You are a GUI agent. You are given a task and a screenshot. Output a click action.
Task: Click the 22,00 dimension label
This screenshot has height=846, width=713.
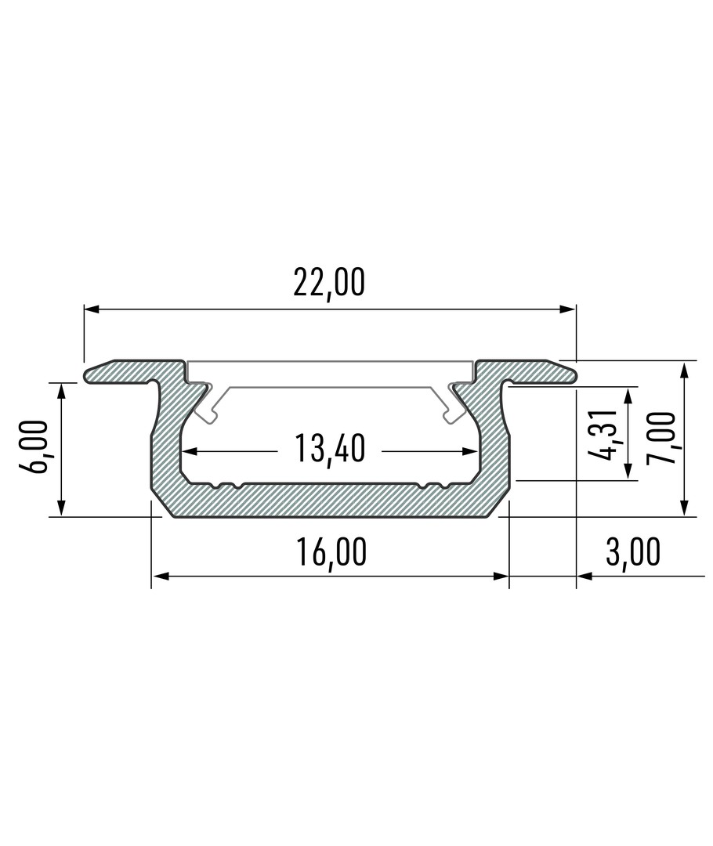tap(329, 282)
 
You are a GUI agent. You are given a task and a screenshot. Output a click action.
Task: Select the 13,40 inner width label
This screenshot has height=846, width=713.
tap(331, 448)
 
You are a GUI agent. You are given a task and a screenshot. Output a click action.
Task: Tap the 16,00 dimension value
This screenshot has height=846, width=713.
tap(331, 551)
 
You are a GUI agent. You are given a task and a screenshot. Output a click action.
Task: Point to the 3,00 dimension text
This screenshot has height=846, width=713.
tap(633, 551)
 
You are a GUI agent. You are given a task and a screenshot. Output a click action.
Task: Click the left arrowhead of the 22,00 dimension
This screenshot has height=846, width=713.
tap(92, 309)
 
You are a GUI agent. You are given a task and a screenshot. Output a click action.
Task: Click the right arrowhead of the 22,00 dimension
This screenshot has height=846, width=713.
tap(568, 309)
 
